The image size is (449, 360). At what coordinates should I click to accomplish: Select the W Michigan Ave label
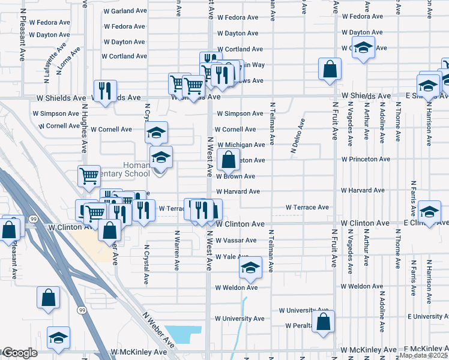point(241,145)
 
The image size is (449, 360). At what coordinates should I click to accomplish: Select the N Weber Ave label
point(158,328)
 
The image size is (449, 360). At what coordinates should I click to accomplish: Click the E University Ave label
point(427,316)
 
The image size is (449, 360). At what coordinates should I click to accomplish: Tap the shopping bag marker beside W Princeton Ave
point(229,160)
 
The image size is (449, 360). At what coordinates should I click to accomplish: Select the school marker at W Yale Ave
point(251,267)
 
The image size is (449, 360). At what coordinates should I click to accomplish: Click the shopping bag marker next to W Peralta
point(323,322)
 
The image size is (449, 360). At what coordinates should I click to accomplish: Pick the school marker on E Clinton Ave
point(429,211)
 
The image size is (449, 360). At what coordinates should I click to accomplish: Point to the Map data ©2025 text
point(423,355)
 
